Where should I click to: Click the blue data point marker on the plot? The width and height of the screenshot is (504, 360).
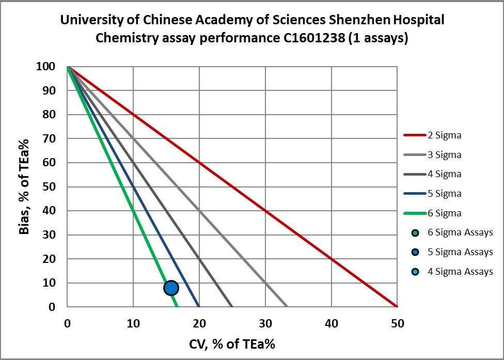[x=171, y=288]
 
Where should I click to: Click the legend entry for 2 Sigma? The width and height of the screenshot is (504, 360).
[x=444, y=135]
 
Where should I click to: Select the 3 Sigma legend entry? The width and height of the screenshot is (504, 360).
[x=444, y=155]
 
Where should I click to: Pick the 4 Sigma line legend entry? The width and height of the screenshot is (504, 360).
[x=444, y=174]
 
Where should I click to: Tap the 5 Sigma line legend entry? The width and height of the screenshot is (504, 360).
[x=444, y=194]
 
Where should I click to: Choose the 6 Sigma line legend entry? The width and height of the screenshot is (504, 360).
[x=444, y=213]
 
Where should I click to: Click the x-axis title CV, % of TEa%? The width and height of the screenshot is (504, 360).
[x=232, y=343]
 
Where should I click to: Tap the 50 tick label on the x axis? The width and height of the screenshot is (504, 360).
[x=397, y=323]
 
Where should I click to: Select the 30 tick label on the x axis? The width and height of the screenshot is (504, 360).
[x=265, y=323]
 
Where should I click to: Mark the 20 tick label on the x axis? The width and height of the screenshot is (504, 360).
[x=199, y=323]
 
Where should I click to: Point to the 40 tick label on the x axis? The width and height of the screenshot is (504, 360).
[x=332, y=323]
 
